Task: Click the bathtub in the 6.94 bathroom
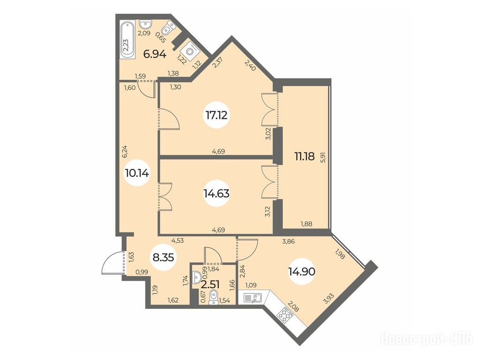coord(127,40)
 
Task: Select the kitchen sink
coord(252,298)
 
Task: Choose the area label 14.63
coord(217,194)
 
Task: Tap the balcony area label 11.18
coord(304,157)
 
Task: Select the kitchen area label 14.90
coord(302,271)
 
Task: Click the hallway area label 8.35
coord(164,257)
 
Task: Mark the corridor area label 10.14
coord(137,173)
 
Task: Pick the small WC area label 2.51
coord(210,285)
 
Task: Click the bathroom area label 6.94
coord(155,54)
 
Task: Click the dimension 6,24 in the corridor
coord(125,151)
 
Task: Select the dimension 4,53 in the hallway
coord(178,240)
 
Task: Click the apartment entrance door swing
coord(111,263)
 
